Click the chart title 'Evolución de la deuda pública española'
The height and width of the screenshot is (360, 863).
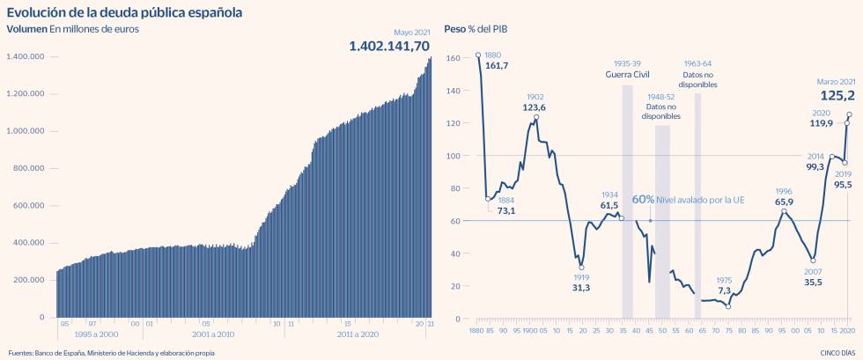point(124,12)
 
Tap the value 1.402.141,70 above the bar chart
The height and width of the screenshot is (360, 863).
point(389,46)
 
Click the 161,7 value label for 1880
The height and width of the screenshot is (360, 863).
point(498,65)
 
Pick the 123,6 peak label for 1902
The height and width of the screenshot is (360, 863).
point(535,107)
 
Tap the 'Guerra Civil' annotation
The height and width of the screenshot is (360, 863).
point(627,75)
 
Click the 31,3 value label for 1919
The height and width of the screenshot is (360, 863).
point(581,288)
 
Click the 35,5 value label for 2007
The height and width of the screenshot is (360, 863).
point(813,283)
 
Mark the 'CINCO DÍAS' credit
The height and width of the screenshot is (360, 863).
point(835,353)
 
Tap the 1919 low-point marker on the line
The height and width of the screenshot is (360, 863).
point(581,268)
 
